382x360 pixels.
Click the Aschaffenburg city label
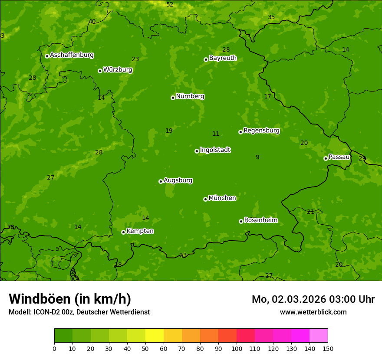pos(72,55)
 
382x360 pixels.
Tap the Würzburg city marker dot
pos(100,71)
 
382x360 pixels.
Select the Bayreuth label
pos(223,58)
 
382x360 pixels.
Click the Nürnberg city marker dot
pos(173,98)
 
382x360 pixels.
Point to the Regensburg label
pos(261,131)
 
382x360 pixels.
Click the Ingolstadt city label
pos(215,150)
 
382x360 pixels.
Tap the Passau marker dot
pos(326,158)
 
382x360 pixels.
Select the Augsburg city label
pos(178,180)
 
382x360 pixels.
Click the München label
pos(222,198)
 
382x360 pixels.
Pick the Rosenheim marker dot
pos(241,221)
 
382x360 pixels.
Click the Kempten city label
pos(140,231)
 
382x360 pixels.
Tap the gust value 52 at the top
pos(170,5)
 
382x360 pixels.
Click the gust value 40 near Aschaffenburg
pos(92,22)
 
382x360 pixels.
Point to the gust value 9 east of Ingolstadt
pos(257,157)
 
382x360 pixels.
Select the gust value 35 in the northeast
pos(271,17)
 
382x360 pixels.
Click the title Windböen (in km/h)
pos(70,299)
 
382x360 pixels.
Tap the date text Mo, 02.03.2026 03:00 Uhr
pos(313,299)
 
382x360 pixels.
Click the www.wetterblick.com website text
pos(313,312)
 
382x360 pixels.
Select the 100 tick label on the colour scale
pos(237,348)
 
